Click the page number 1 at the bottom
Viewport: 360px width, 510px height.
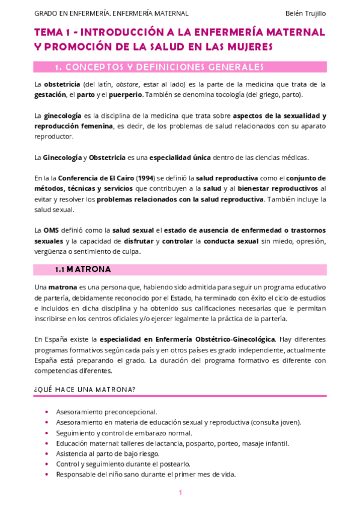(x=180, y=493)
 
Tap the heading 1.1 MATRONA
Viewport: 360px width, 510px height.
(x=82, y=269)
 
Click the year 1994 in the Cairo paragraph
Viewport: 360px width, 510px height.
(x=144, y=178)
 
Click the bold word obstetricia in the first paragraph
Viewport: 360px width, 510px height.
(x=64, y=84)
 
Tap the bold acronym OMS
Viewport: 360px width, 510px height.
(x=51, y=230)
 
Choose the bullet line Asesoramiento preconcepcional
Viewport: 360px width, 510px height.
(x=106, y=412)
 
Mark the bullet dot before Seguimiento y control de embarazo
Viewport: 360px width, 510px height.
(x=47, y=433)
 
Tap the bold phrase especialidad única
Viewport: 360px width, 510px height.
(x=180, y=158)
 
